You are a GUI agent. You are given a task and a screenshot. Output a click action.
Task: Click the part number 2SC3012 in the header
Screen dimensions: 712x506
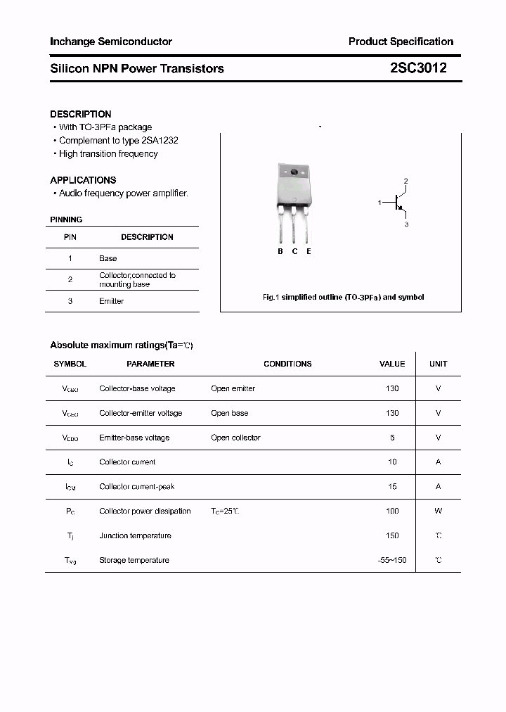[x=417, y=68]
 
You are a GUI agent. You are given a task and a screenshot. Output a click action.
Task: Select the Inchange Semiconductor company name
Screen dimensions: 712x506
[x=111, y=42]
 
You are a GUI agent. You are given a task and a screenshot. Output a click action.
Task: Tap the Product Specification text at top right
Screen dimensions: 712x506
[x=401, y=42]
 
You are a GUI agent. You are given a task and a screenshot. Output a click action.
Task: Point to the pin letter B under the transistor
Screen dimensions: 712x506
[x=280, y=251]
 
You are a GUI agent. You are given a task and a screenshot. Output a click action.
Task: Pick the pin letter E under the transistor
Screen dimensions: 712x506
[x=309, y=251]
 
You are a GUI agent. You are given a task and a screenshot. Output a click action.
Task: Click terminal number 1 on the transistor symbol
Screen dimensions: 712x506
[x=379, y=203]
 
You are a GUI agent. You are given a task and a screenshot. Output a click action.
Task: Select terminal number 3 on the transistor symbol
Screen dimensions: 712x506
[x=406, y=224]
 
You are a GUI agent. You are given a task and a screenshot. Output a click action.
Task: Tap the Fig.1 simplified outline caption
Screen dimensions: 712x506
[x=343, y=298]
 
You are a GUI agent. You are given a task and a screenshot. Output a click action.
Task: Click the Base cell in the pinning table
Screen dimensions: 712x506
[x=108, y=258]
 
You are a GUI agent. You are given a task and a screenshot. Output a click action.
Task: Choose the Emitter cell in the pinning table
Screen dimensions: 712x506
[x=111, y=301]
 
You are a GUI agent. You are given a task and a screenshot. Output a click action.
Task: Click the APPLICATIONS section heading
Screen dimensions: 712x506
[x=83, y=180]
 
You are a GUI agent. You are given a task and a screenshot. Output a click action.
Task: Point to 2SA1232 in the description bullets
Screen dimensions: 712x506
[x=160, y=141]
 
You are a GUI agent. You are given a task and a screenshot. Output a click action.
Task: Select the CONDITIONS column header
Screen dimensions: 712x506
[x=287, y=364]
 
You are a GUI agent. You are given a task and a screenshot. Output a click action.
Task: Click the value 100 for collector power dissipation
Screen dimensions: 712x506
[x=392, y=511]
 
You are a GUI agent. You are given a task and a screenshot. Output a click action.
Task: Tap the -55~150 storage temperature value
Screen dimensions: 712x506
[x=392, y=560]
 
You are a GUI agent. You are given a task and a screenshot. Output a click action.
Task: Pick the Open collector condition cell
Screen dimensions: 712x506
[x=235, y=438]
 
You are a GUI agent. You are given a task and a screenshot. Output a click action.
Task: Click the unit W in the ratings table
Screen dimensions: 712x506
[x=438, y=511]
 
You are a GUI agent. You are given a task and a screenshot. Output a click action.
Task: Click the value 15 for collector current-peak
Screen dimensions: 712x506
[x=392, y=486]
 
